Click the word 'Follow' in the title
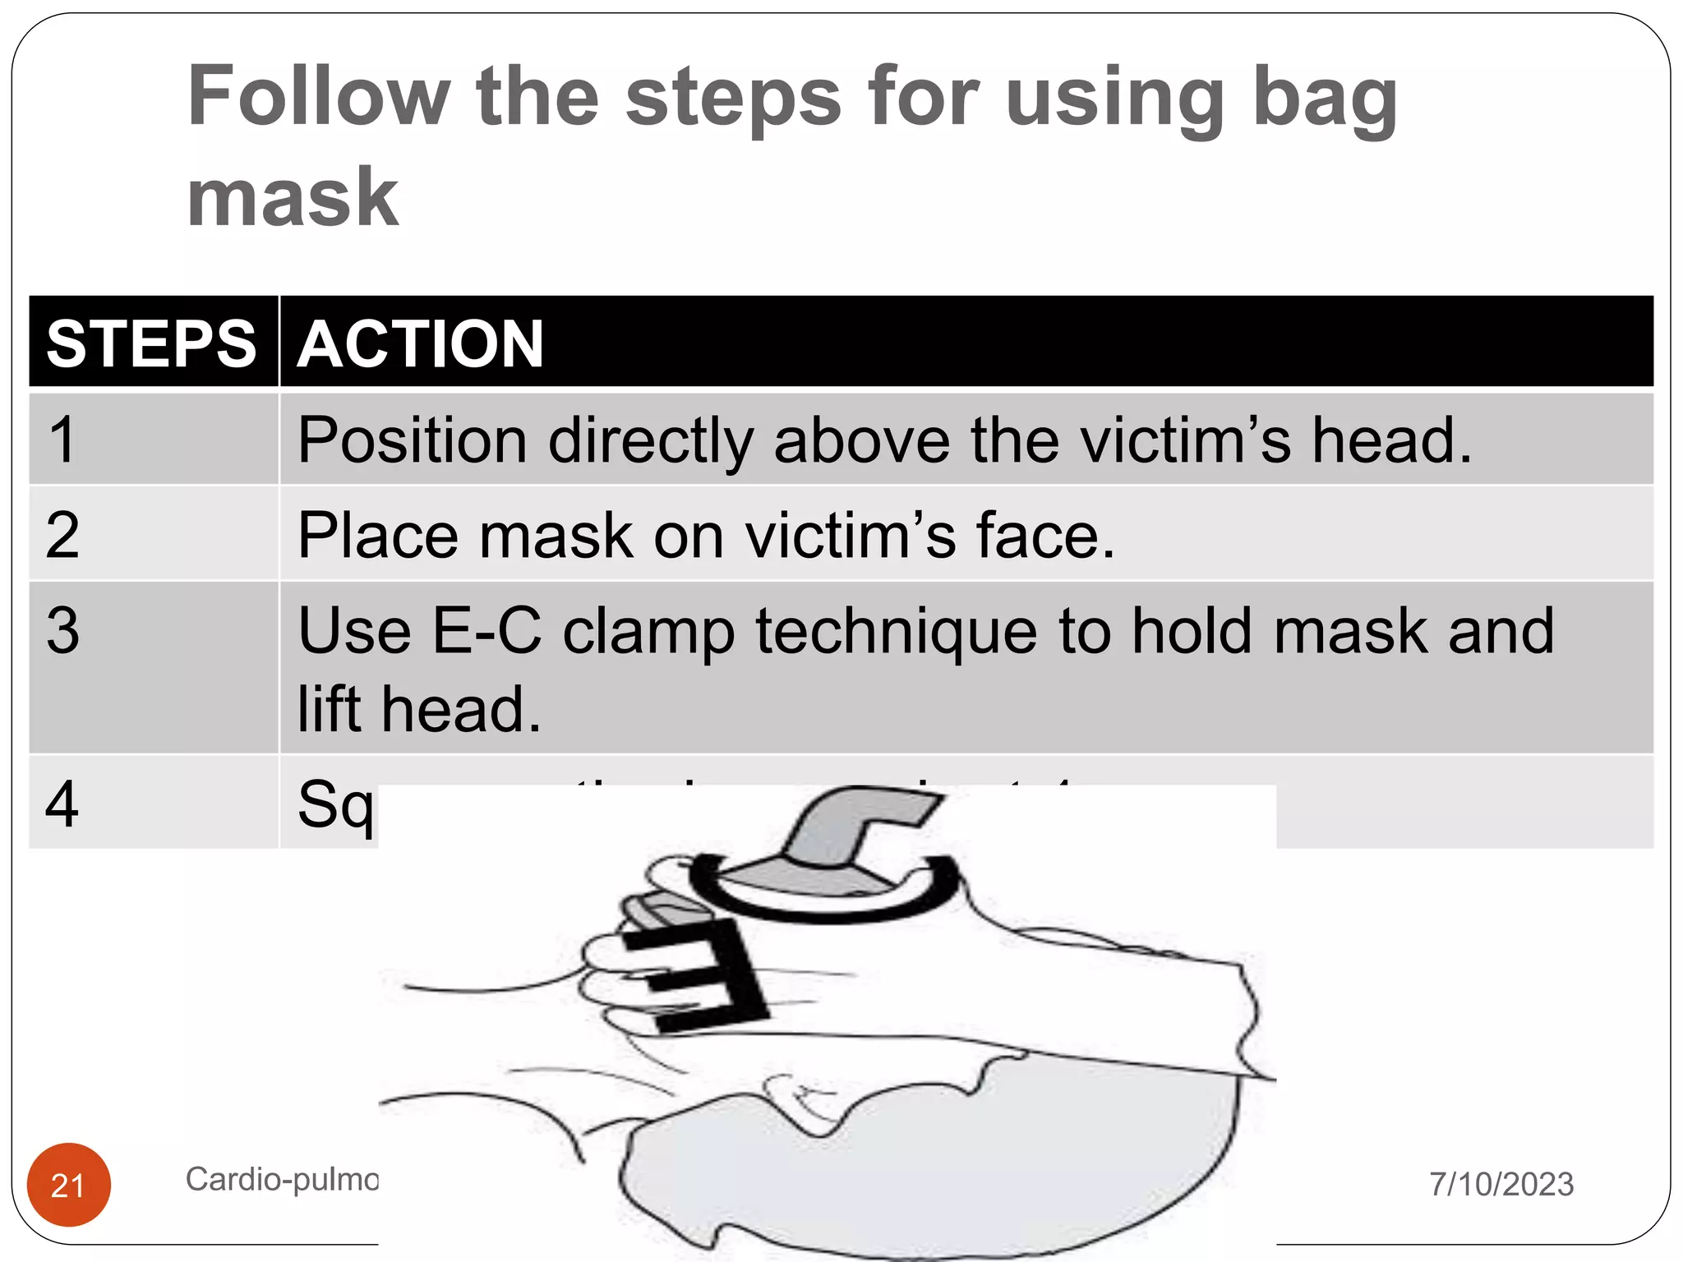point(319,97)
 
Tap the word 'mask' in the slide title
point(293,197)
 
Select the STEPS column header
point(152,343)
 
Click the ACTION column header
point(420,343)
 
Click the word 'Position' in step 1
point(412,441)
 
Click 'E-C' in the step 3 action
point(486,631)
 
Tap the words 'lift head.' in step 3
point(419,709)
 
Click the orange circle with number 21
point(68,1185)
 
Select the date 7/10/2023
point(1501,1184)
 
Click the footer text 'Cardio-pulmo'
point(281,1180)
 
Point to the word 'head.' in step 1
point(1390,441)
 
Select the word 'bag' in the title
point(1324,99)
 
